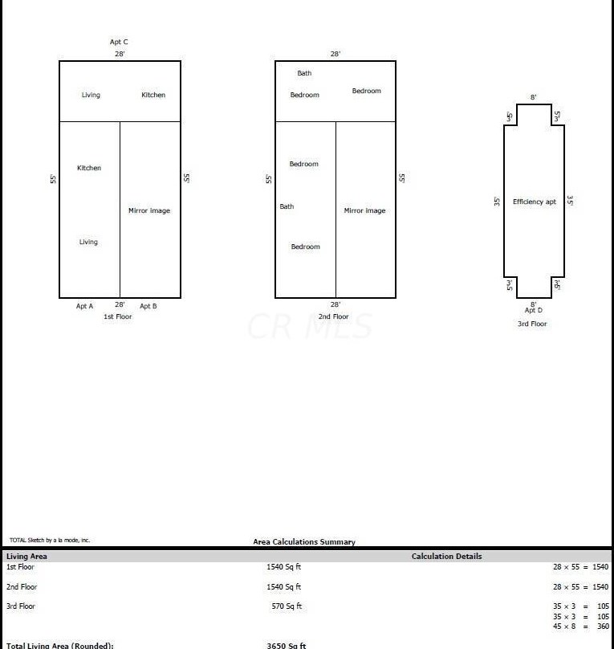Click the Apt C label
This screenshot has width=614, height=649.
pyautogui.click(x=119, y=42)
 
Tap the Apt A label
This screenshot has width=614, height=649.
pyautogui.click(x=84, y=306)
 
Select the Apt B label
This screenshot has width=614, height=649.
pyautogui.click(x=148, y=306)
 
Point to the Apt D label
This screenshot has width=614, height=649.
pyautogui.click(x=534, y=310)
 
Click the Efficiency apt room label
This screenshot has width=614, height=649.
pyautogui.click(x=535, y=202)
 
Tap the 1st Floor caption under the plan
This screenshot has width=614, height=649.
pyautogui.click(x=118, y=316)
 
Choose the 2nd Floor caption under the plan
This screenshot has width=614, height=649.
pyautogui.click(x=334, y=316)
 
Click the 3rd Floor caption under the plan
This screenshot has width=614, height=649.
pyautogui.click(x=532, y=324)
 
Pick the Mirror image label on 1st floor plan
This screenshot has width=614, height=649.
pyautogui.click(x=149, y=210)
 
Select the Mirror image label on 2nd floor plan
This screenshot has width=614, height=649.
pyautogui.click(x=365, y=210)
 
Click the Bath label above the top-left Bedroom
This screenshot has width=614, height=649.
pyautogui.click(x=304, y=73)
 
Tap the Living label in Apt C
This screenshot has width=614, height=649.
pyautogui.click(x=91, y=95)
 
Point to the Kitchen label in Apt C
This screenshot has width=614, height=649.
pyautogui.click(x=153, y=95)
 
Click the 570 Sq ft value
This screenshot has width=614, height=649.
pyautogui.click(x=287, y=606)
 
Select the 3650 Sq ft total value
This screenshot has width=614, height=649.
pyautogui.click(x=286, y=645)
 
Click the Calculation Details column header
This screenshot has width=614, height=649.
pyautogui.click(x=447, y=556)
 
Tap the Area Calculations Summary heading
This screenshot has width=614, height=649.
pyautogui.click(x=304, y=542)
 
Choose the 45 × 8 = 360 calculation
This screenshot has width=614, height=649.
pyautogui.click(x=580, y=627)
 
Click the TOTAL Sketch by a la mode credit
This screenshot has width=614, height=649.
pyautogui.click(x=50, y=541)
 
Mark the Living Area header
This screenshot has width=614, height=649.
pyautogui.click(x=26, y=556)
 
